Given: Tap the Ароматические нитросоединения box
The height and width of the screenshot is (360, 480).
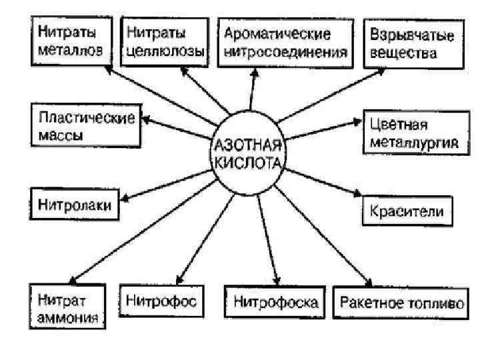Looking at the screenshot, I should (286, 41).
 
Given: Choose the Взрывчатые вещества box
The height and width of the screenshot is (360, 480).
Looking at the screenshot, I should (404, 43).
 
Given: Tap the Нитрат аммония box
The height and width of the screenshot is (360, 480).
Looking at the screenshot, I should (67, 307).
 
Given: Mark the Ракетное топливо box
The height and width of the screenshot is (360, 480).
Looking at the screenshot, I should (401, 302).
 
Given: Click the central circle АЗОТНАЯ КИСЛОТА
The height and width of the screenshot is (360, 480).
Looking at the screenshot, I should (249, 155).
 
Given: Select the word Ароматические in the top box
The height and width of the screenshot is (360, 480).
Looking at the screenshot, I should (279, 33).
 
